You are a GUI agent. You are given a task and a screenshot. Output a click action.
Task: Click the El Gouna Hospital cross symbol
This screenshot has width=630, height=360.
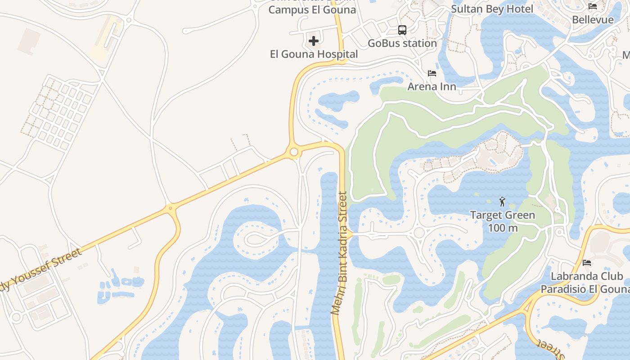pyautogui.click(x=314, y=41)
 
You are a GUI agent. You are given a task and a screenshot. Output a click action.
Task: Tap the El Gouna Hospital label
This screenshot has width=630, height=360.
pyautogui.click(x=314, y=54)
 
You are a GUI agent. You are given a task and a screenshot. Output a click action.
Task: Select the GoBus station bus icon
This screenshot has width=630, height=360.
pyautogui.click(x=402, y=30)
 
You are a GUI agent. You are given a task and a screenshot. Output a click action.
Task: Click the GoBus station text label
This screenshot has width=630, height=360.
pyautogui.click(x=402, y=44)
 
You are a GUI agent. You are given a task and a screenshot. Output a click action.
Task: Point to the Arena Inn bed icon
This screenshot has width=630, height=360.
pyautogui.click(x=432, y=73)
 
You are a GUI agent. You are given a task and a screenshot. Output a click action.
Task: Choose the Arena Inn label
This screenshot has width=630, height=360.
pyautogui.click(x=432, y=86)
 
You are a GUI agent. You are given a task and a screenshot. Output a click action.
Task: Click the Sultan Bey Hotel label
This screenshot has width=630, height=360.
pyautogui.click(x=492, y=9)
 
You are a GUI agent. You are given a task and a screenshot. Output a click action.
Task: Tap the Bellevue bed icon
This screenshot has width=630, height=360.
pyautogui.click(x=593, y=6)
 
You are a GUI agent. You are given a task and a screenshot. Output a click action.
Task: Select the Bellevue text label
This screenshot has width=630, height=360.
pyautogui.click(x=593, y=20)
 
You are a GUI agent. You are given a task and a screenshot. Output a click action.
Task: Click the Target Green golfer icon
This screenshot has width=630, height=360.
pyautogui.click(x=503, y=202)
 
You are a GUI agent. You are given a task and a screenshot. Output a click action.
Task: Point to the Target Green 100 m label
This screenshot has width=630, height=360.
pyautogui.click(x=503, y=221)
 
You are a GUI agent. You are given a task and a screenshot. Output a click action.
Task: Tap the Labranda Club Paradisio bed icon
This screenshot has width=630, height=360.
pyautogui.click(x=586, y=262)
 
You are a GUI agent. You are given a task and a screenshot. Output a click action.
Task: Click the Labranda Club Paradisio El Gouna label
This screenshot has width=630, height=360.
pyautogui.click(x=584, y=283)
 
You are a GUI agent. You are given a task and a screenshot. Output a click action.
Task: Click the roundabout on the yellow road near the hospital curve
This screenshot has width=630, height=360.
pyautogui.click(x=294, y=153)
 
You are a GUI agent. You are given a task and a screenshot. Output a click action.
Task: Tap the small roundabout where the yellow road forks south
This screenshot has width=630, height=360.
pyautogui.click(x=170, y=208)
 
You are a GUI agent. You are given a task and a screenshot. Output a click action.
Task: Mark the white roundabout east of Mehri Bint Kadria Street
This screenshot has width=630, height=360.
pyautogui.click(x=419, y=233)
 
